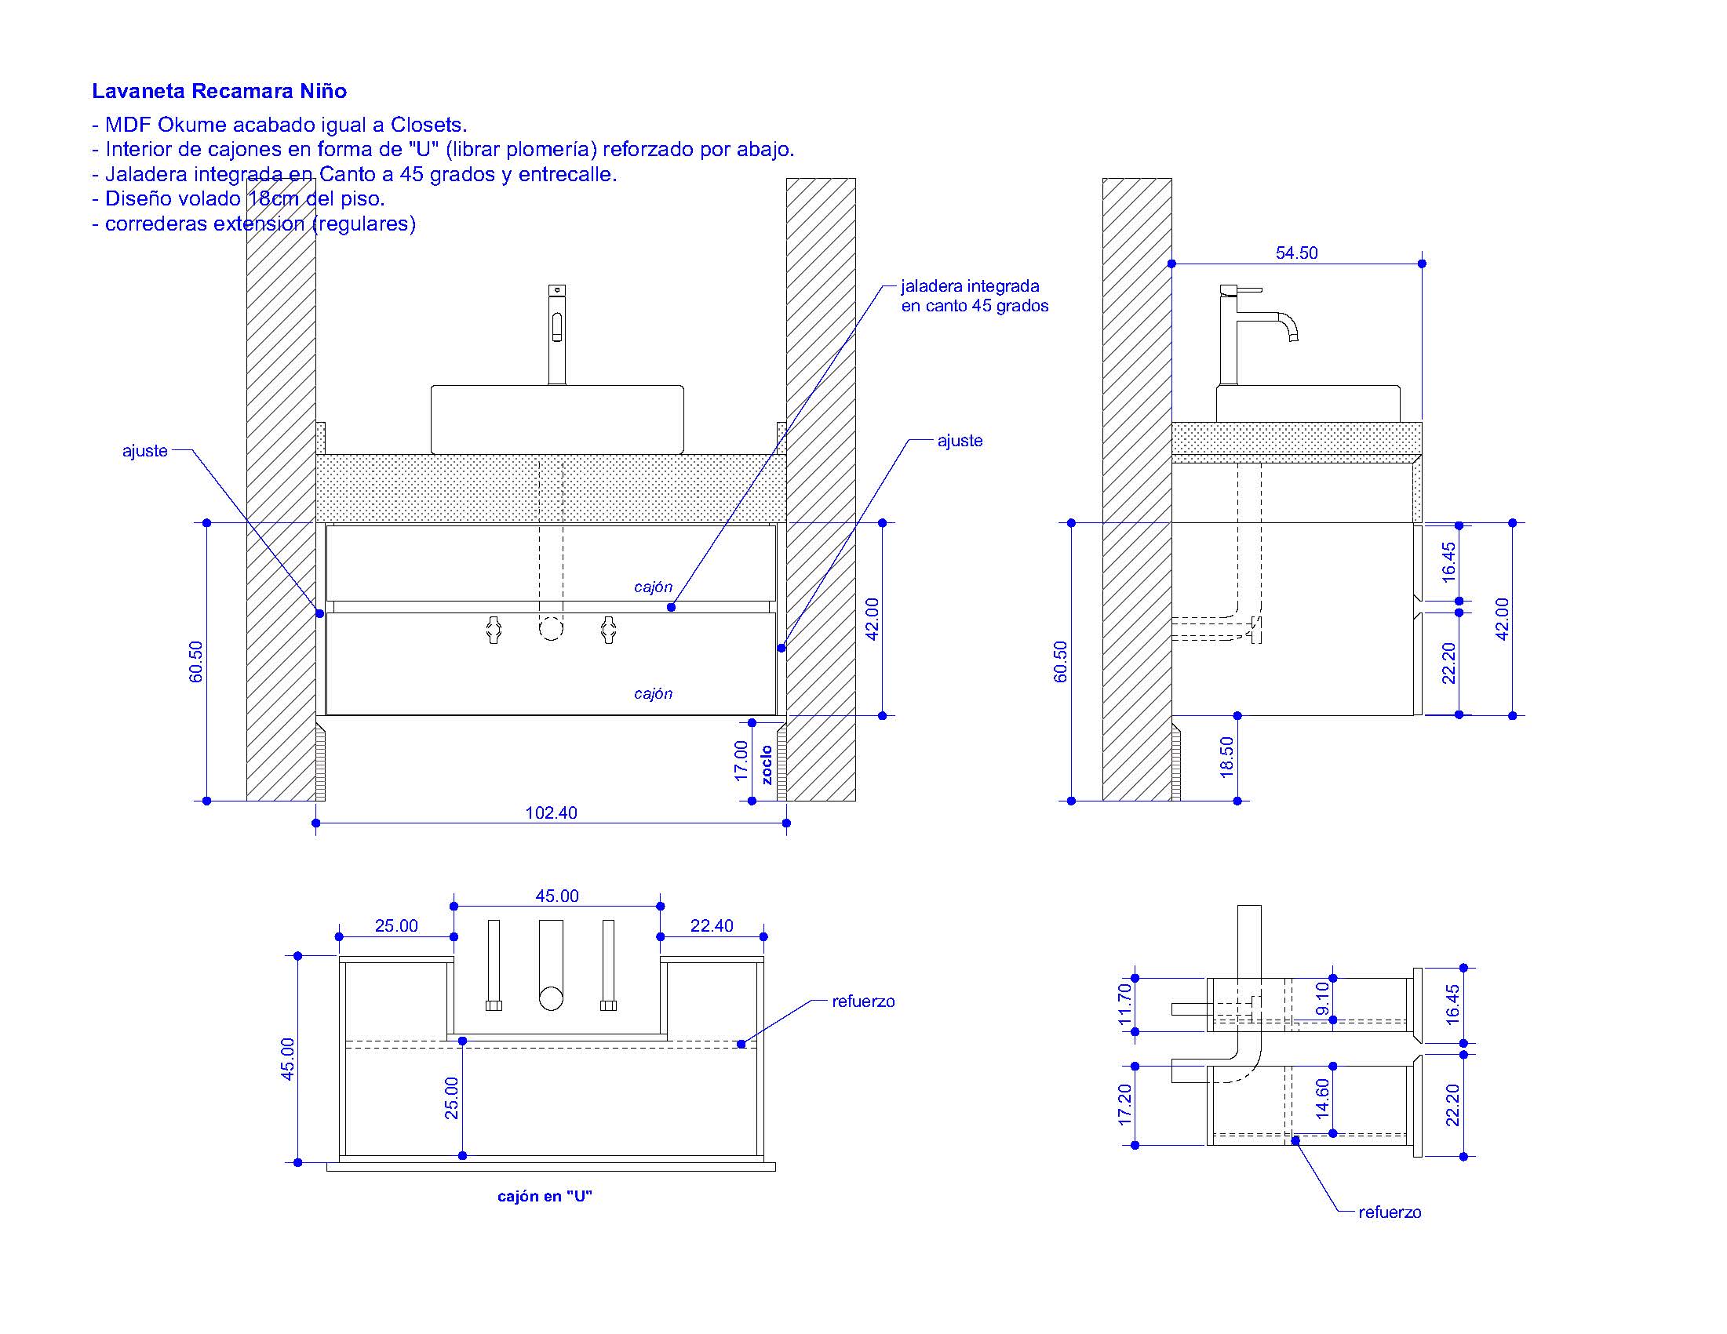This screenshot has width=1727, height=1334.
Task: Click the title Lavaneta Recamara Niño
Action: [219, 91]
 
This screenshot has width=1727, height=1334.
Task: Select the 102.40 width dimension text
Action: [551, 812]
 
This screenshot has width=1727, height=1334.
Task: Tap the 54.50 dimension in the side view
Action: [1296, 253]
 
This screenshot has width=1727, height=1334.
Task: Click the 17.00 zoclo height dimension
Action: [741, 760]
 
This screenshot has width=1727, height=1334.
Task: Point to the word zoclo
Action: [767, 764]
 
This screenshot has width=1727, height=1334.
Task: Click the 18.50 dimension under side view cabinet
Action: [1226, 757]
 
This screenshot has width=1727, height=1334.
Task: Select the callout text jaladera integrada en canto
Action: [974, 296]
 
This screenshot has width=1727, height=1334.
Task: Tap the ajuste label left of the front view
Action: [144, 451]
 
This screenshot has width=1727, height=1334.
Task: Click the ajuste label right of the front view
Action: [959, 441]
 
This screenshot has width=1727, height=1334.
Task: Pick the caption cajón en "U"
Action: [544, 1196]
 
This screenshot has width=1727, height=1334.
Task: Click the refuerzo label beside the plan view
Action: [862, 1001]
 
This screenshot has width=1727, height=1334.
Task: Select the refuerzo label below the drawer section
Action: [1389, 1212]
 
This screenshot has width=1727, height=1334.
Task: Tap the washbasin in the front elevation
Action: [556, 419]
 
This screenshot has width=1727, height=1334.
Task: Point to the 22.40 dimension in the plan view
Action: [711, 925]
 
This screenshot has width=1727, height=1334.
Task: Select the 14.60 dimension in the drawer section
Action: [1322, 1099]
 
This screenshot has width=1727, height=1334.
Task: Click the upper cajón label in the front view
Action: [653, 587]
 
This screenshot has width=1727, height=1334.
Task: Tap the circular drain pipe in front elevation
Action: [551, 628]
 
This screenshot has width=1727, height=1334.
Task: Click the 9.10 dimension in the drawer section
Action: [1322, 999]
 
